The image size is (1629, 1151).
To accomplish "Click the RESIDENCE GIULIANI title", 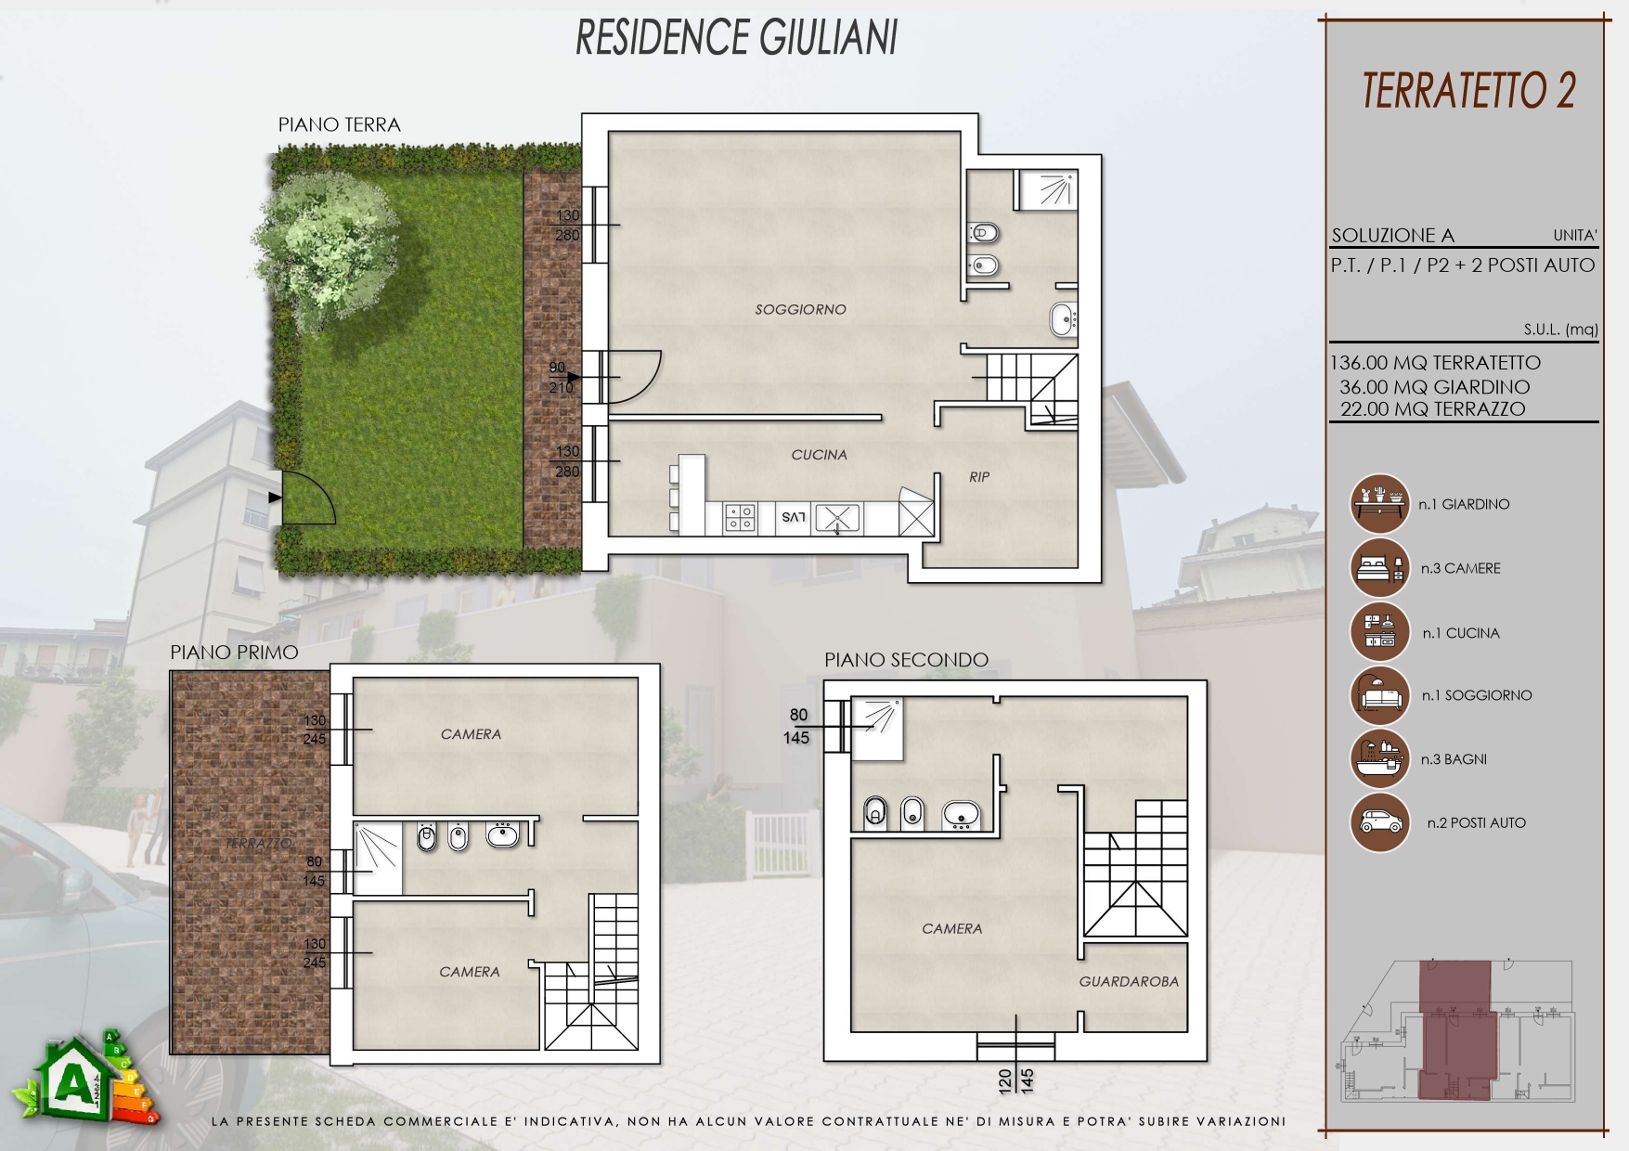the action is click(737, 38).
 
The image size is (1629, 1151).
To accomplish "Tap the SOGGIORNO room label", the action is click(800, 309).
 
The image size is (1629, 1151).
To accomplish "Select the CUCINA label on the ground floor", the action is click(819, 455).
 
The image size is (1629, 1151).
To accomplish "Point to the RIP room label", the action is click(979, 477).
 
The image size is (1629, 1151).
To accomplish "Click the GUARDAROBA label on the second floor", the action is click(1129, 981).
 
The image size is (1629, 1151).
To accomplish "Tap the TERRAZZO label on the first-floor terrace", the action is click(259, 843).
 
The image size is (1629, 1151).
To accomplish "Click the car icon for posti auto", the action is click(1379, 822).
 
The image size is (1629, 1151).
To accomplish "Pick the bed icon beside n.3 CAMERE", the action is click(1379, 568).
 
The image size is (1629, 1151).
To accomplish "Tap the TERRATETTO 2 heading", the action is click(1468, 91).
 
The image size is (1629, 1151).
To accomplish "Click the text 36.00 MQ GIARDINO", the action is click(1434, 387).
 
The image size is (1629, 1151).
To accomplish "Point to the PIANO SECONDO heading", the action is click(906, 660).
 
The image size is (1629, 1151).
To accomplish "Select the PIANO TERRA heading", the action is click(340, 125).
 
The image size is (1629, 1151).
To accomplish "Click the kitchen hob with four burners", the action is click(740, 518).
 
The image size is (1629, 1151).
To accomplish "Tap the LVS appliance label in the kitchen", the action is click(794, 517).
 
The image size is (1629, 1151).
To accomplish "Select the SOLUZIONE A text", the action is click(1392, 236).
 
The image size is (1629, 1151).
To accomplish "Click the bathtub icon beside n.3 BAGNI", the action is click(1379, 758).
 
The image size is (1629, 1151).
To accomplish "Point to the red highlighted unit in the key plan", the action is click(1456, 1030).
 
